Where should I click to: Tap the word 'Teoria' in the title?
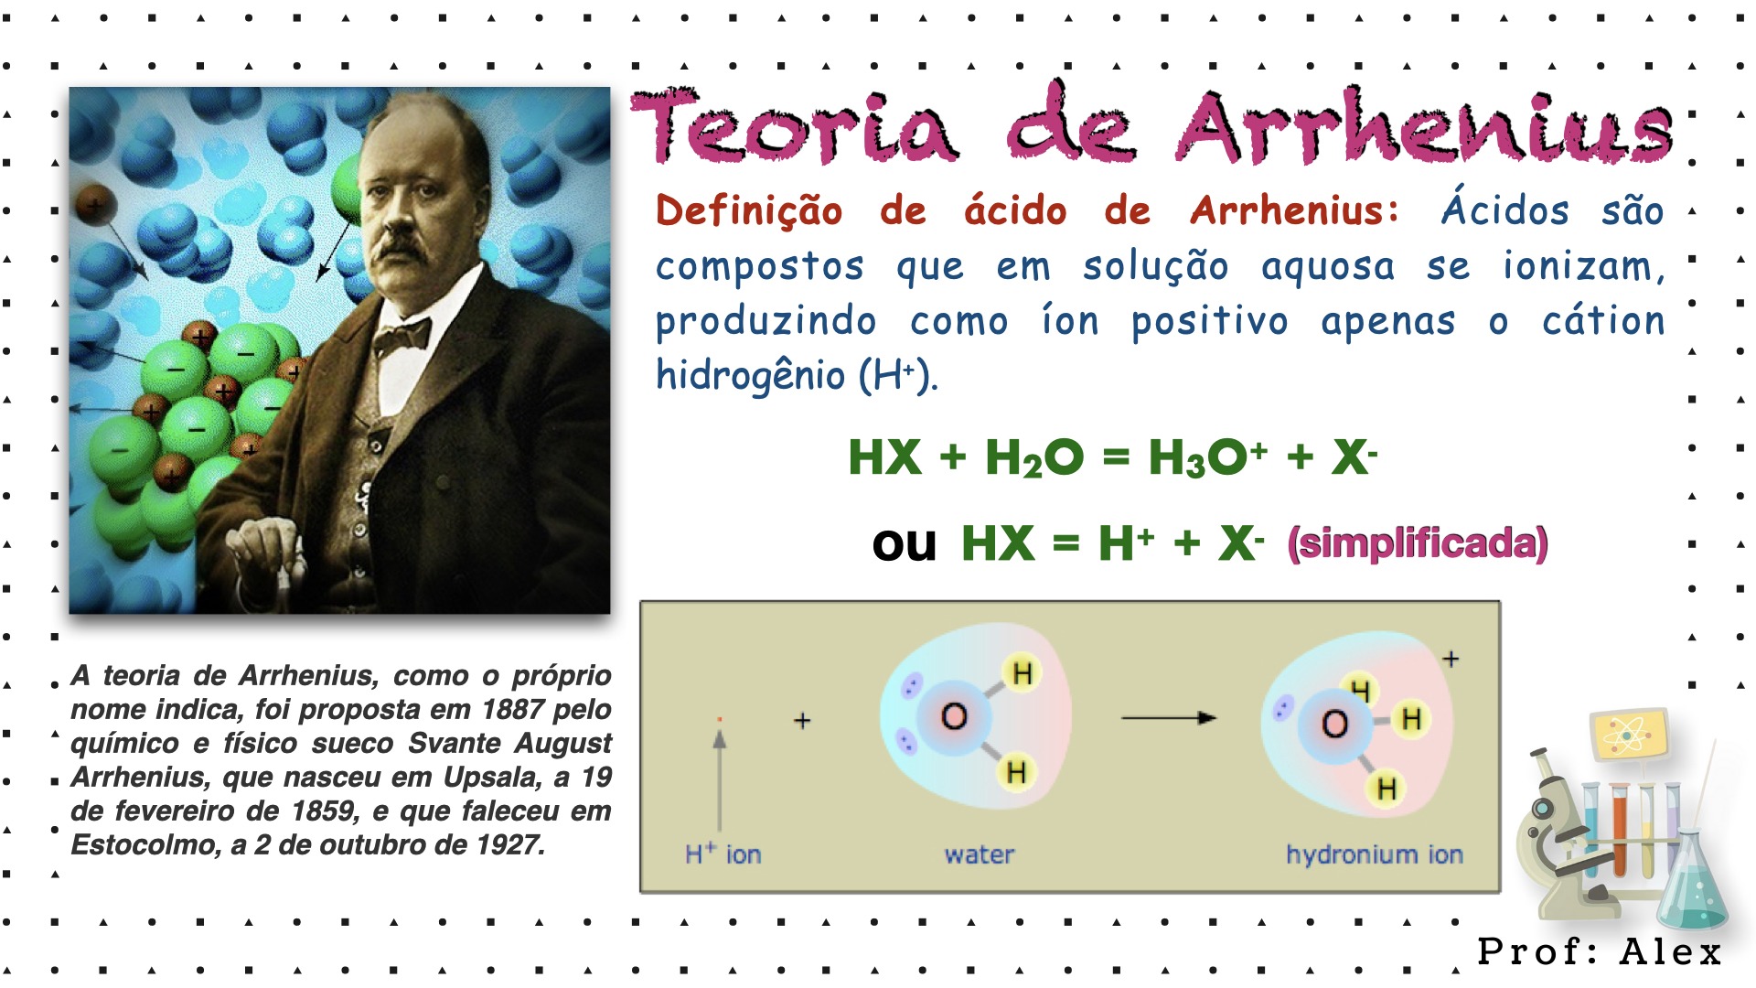(x=795, y=126)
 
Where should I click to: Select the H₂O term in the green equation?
(x=1034, y=457)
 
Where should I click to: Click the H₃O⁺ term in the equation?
(x=1208, y=457)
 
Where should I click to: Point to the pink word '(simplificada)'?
(x=1418, y=543)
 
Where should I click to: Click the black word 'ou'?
(x=905, y=544)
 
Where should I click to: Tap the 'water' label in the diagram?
(x=980, y=854)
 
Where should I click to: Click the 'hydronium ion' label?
(x=1375, y=854)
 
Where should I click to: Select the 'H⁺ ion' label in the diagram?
(x=723, y=854)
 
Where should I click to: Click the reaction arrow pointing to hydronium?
(x=1169, y=718)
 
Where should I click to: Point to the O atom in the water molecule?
(x=954, y=716)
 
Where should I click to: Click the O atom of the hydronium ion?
(x=1335, y=724)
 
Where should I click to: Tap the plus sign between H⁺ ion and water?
(x=802, y=721)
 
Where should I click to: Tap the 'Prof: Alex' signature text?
(x=1600, y=951)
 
